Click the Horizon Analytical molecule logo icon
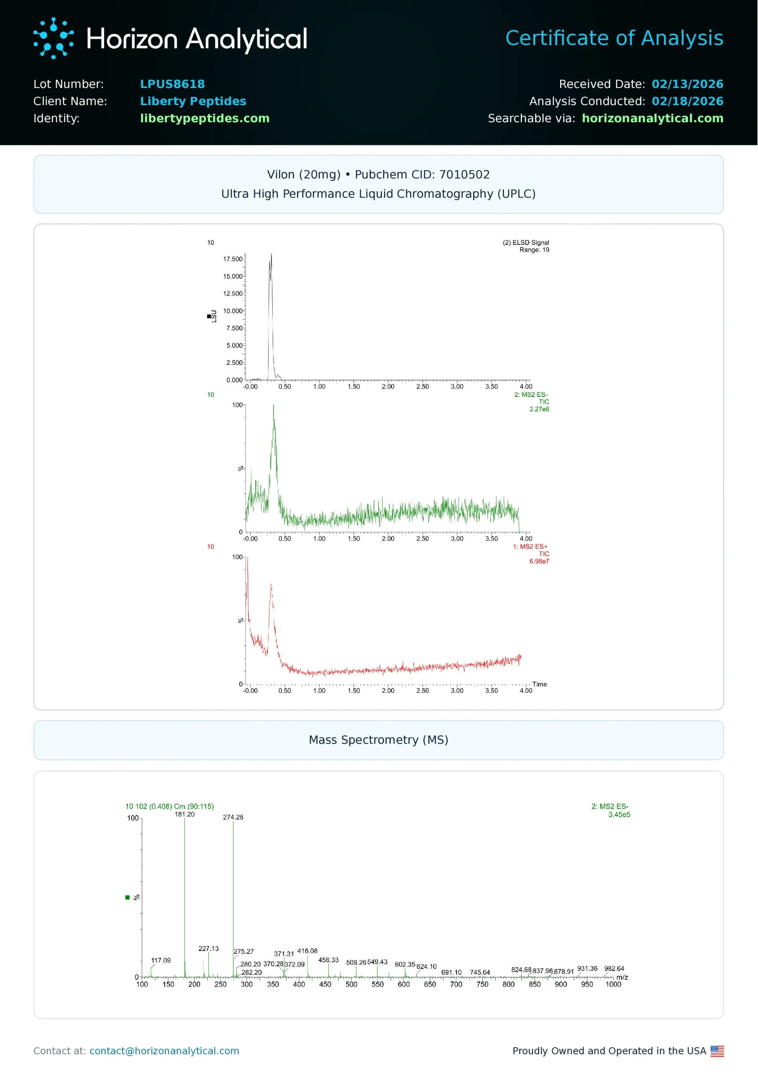click(x=53, y=38)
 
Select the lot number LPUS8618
click(x=172, y=84)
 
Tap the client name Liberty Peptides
click(x=193, y=101)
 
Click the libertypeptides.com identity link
click(x=205, y=119)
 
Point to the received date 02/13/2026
click(x=687, y=84)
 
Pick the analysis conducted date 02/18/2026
click(x=687, y=101)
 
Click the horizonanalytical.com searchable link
click(x=652, y=119)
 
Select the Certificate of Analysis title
click(x=614, y=38)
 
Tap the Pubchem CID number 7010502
click(x=464, y=175)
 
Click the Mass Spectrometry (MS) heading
click(x=379, y=740)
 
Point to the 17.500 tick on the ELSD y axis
click(x=233, y=259)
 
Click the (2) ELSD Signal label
click(x=525, y=242)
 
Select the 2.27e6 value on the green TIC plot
click(x=539, y=409)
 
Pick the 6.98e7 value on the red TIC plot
click(x=539, y=562)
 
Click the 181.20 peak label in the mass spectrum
click(x=184, y=814)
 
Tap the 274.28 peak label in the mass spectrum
click(x=233, y=817)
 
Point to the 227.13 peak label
click(x=208, y=949)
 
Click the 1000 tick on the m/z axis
click(x=613, y=984)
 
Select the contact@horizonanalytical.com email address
click(x=164, y=1051)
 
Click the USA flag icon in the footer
click(x=717, y=1051)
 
